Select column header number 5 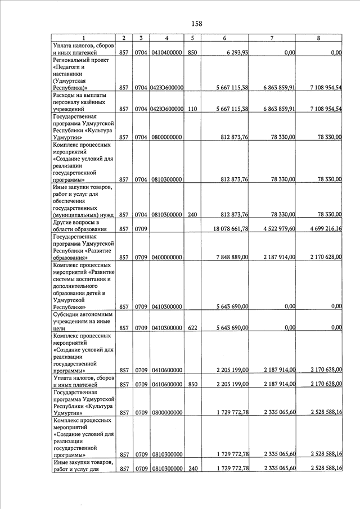click(x=192, y=38)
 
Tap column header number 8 click(x=319, y=38)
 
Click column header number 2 click(x=124, y=38)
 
